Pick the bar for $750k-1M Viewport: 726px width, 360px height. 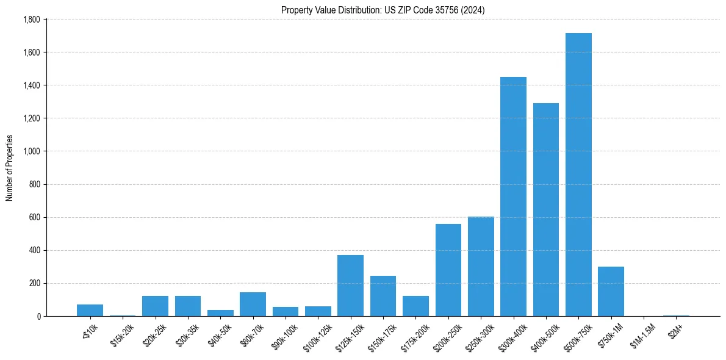point(611,292)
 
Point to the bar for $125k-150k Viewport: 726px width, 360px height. point(350,286)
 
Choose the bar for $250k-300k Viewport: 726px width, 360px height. point(481,266)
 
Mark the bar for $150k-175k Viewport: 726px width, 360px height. point(383,296)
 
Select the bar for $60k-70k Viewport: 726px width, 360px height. point(253,304)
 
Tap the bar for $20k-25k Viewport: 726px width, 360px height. point(155,306)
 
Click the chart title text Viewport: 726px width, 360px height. point(383,10)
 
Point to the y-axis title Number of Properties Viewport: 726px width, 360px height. point(10,168)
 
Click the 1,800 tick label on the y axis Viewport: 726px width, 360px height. point(31,20)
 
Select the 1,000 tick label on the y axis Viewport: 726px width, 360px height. point(31,151)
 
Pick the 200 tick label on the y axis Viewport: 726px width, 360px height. point(35,283)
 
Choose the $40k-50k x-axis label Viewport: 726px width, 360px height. point(219,332)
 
